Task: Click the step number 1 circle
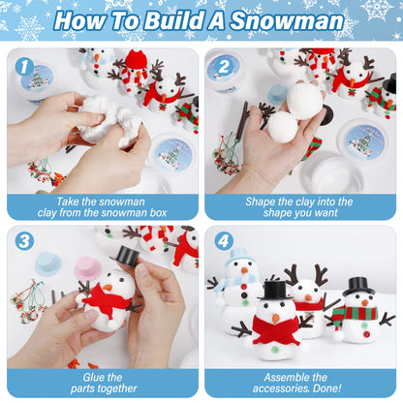[x=23, y=66]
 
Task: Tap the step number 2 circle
[x=223, y=66]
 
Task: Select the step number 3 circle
[x=23, y=241]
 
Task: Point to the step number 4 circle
[x=223, y=241]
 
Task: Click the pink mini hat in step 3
[x=87, y=266]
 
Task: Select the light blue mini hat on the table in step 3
[x=47, y=263]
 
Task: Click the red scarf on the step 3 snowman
[x=108, y=301]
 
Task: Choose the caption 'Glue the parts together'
[x=101, y=378]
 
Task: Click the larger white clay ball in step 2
[x=306, y=100]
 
